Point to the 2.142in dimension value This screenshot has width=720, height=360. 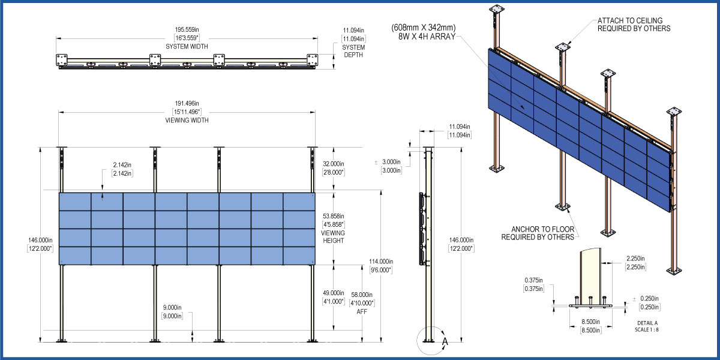coord(122,165)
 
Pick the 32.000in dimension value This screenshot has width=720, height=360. coord(334,163)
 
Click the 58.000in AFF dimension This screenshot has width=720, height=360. coord(361,295)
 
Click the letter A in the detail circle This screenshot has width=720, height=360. coord(445,341)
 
